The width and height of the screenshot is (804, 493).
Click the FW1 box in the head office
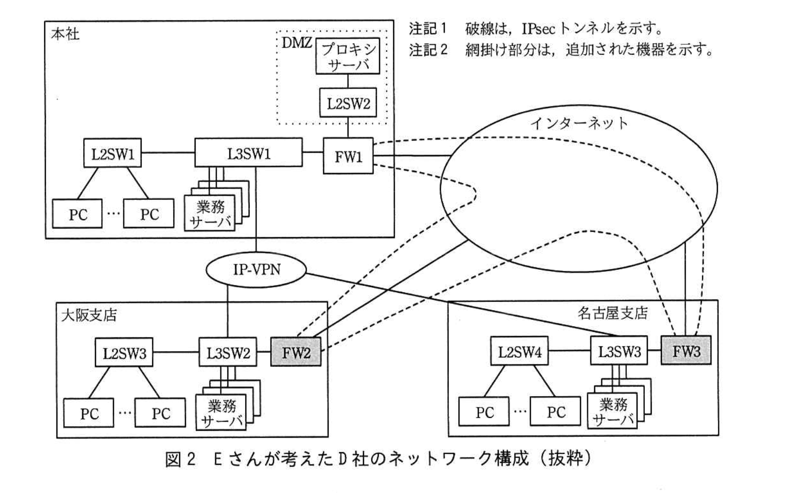(x=348, y=156)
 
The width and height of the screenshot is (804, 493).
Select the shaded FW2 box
(x=296, y=352)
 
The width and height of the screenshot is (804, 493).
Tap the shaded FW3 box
(x=686, y=351)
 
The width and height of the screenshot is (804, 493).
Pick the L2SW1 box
(x=112, y=154)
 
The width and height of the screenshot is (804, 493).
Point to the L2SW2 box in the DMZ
(x=348, y=103)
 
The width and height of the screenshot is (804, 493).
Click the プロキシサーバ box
(x=347, y=56)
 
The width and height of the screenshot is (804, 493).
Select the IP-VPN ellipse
(x=256, y=269)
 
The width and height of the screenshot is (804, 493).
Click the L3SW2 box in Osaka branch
(x=228, y=352)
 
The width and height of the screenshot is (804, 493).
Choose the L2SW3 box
(x=124, y=353)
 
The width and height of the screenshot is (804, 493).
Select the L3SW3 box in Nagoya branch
(x=619, y=351)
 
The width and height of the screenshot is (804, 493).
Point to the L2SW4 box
(x=519, y=352)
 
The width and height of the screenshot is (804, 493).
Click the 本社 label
(x=65, y=35)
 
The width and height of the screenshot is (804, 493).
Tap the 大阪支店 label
(x=89, y=315)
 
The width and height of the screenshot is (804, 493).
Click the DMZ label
(x=296, y=43)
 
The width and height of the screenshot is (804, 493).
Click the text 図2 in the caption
(x=180, y=458)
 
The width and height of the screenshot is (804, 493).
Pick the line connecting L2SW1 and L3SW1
(x=168, y=153)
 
